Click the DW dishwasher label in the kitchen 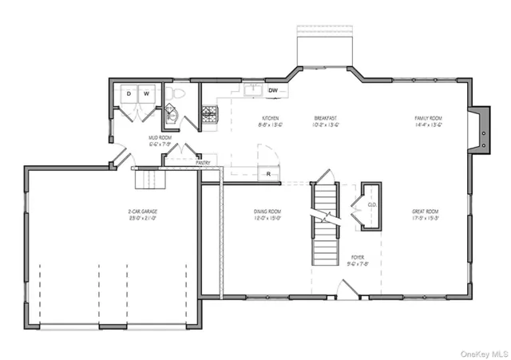(273, 90)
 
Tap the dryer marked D (129, 94)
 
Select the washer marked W (147, 94)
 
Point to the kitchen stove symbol (210, 115)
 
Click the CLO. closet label (371, 204)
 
